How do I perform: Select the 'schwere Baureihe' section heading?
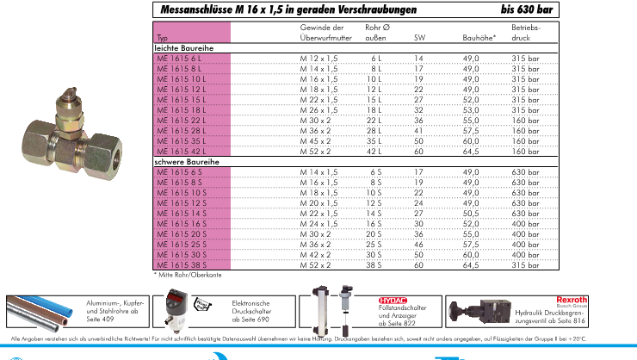[x=185, y=161]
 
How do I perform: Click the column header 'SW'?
[x=419, y=39]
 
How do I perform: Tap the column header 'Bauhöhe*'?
[x=478, y=39]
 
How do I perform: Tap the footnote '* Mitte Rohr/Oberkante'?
[x=182, y=275]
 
